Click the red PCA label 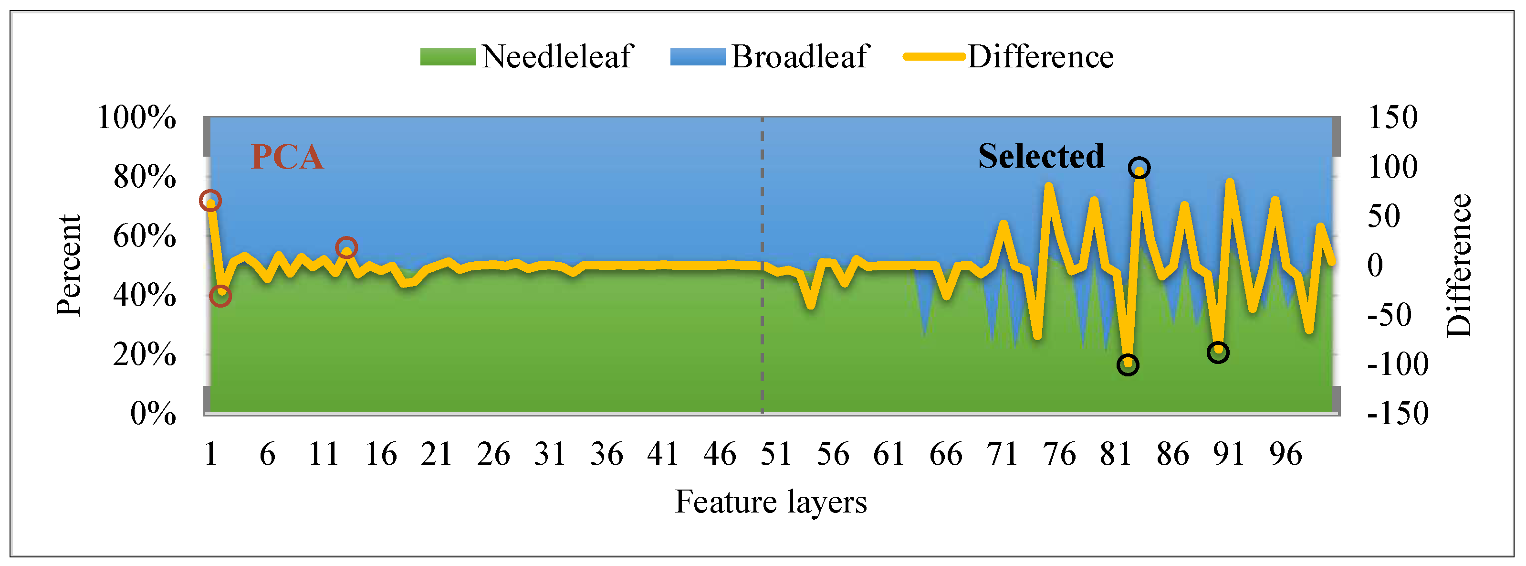coord(287,157)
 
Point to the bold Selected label coord(1041,157)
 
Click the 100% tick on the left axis coord(136,117)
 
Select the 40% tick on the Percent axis coord(145,295)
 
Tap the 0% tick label coord(153,414)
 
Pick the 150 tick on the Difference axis coord(1392,117)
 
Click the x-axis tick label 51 coord(776,455)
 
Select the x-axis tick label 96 coord(1286,455)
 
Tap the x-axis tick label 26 coord(493,455)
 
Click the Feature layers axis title coord(771,502)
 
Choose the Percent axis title coord(69,266)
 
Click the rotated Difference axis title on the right coord(1458,266)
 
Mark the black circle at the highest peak coord(1139,168)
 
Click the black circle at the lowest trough coord(1128,365)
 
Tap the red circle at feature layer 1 coord(210,201)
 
